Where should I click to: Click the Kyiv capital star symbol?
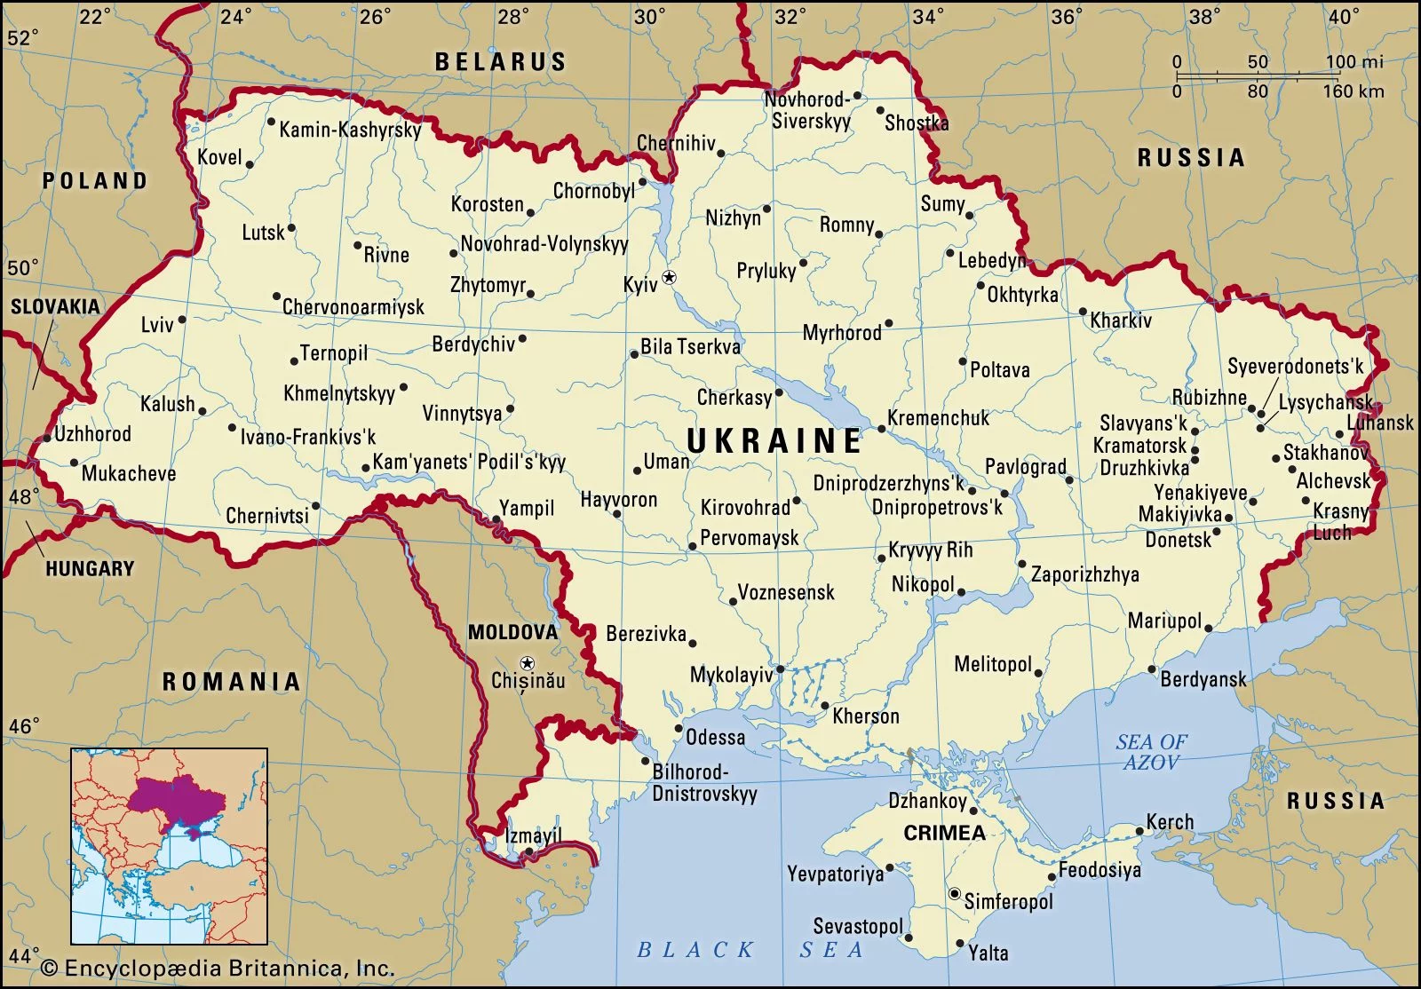click(670, 278)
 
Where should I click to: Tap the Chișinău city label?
click(528, 681)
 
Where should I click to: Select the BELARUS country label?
click(500, 61)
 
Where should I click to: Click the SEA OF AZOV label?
click(1151, 752)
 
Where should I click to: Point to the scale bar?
click(1259, 76)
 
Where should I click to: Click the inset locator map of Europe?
click(169, 846)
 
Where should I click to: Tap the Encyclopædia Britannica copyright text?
click(218, 968)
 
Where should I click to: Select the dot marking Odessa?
click(679, 729)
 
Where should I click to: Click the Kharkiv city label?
click(1121, 320)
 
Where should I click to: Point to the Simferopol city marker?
click(955, 894)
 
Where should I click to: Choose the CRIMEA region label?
click(944, 833)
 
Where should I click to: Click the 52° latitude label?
click(23, 38)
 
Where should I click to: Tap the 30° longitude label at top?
click(650, 16)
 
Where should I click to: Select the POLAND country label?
click(94, 180)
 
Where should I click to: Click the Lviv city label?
click(157, 325)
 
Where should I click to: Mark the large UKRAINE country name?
click(774, 440)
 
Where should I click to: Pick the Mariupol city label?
click(1164, 621)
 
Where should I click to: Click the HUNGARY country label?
click(90, 568)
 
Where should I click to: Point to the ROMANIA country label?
click(231, 681)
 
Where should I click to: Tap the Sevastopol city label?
click(857, 927)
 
